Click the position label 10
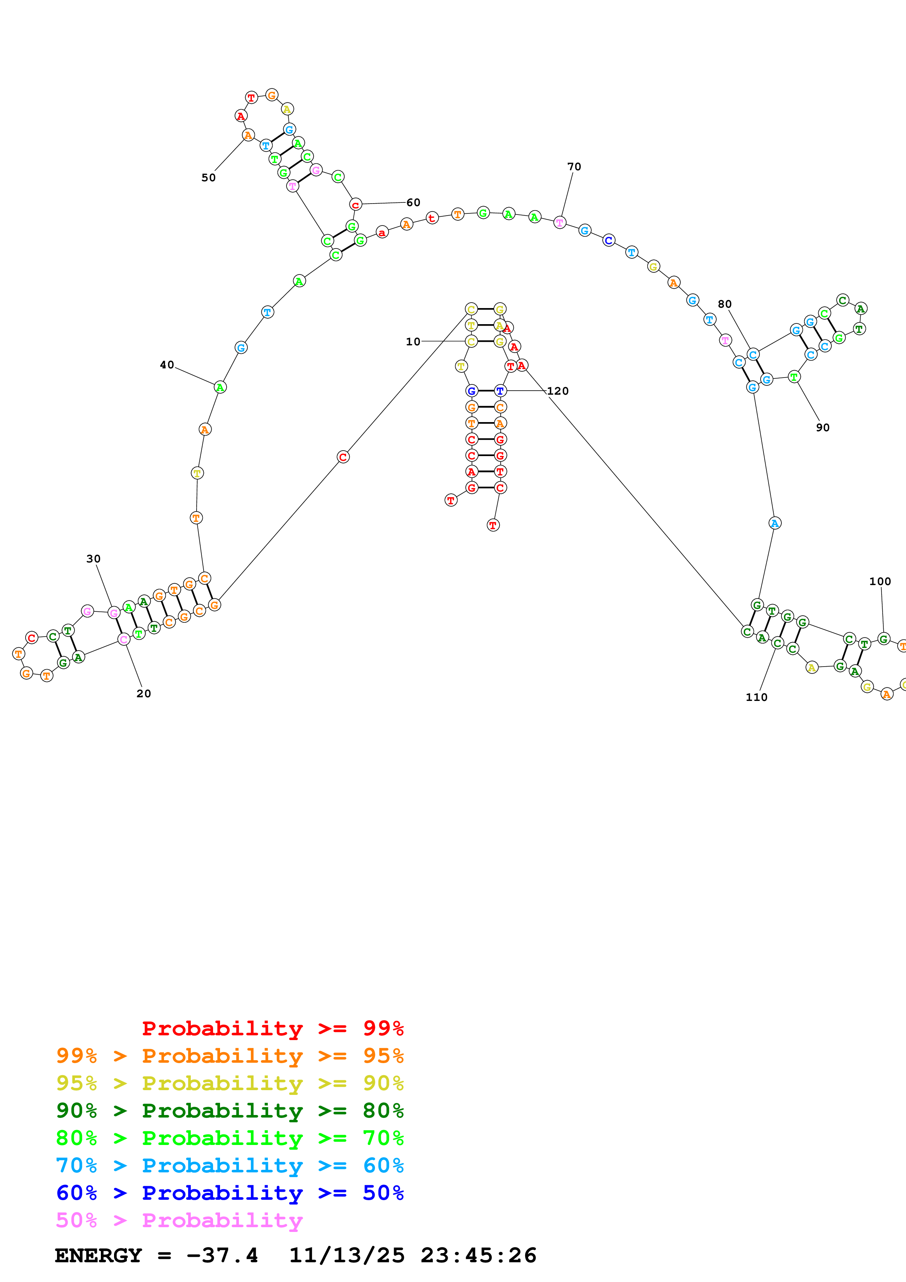[413, 342]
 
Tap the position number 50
[208, 178]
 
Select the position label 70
[574, 166]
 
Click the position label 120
[558, 391]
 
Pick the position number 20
[144, 694]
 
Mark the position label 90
[822, 427]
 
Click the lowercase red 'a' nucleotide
[382, 232]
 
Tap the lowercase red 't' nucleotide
[432, 218]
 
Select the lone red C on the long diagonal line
[343, 457]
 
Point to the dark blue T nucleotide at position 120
[500, 391]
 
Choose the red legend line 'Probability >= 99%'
[272, 1028]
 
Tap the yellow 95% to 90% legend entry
[230, 1083]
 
